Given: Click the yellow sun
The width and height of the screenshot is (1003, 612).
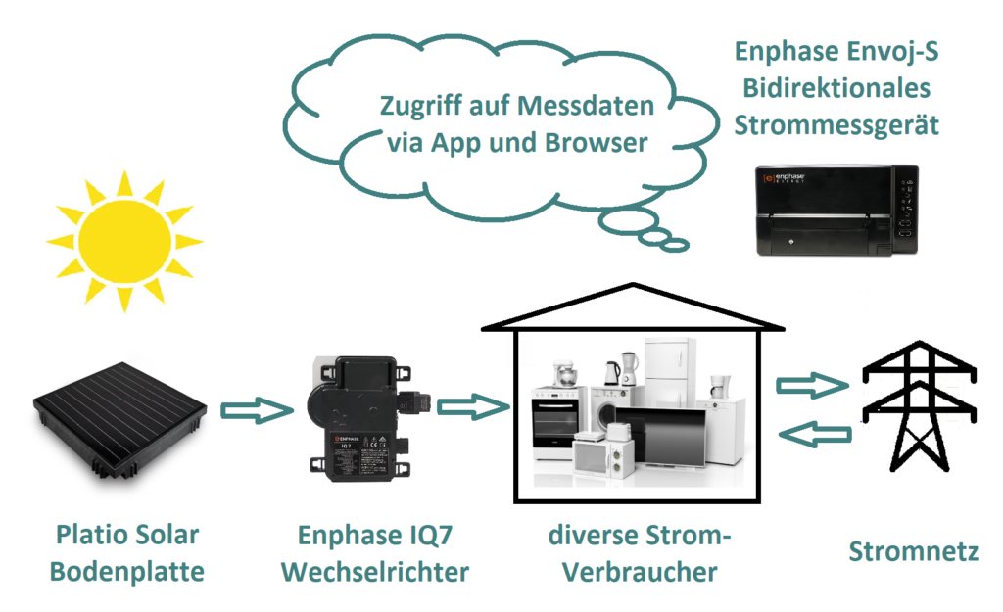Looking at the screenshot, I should (x=123, y=240).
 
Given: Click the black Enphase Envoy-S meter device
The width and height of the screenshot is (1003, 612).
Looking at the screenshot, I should (x=837, y=211).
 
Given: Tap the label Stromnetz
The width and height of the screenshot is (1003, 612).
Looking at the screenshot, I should (x=913, y=552).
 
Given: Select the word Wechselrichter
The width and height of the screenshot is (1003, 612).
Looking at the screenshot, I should (x=375, y=571).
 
